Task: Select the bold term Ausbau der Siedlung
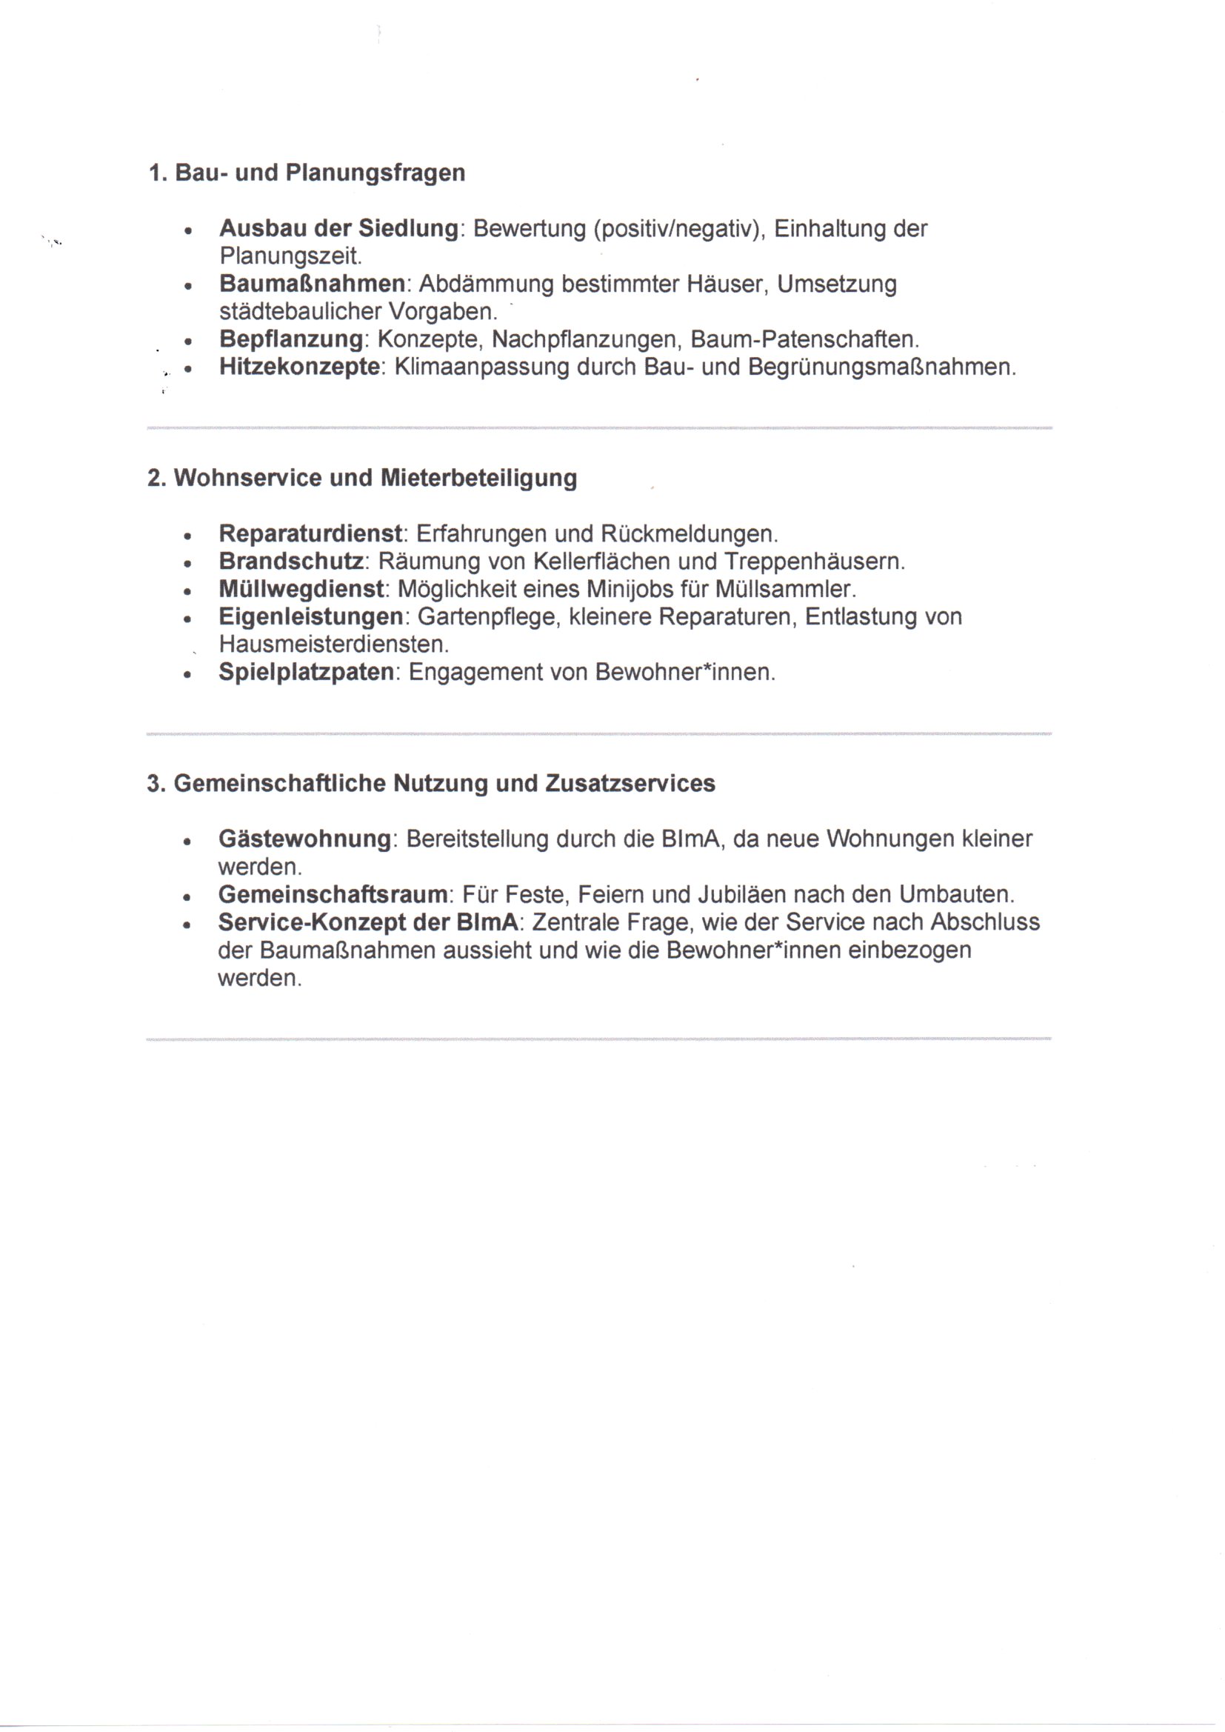tap(338, 229)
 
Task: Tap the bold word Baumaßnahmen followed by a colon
tap(313, 284)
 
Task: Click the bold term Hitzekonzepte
tap(299, 367)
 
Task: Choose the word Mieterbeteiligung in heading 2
tap(478, 479)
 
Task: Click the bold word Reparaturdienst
tap(310, 534)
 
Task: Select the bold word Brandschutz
tap(291, 562)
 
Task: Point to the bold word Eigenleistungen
tap(311, 617)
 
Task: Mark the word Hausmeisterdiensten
tap(333, 645)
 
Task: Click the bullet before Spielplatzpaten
tap(187, 673)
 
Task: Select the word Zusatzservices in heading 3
tap(630, 784)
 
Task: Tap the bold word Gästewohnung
tap(304, 839)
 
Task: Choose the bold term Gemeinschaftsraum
tap(333, 895)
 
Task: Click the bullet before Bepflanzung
tap(187, 342)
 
